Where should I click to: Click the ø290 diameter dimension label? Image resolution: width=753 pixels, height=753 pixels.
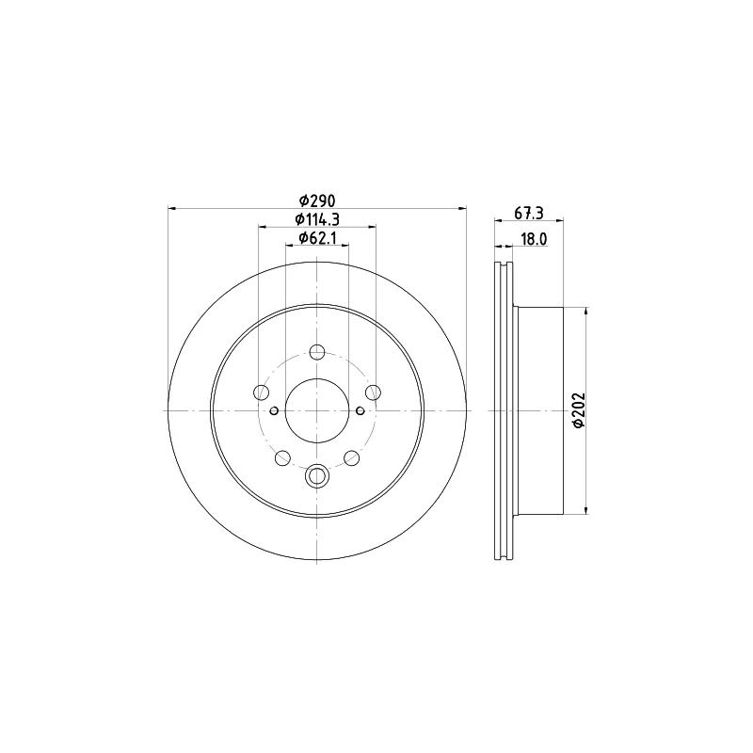[x=317, y=200]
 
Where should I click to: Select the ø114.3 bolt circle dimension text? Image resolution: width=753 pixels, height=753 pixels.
[x=317, y=219]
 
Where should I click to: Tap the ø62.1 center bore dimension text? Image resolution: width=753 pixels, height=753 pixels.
[x=317, y=238]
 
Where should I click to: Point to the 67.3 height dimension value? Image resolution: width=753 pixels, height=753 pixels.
[x=529, y=213]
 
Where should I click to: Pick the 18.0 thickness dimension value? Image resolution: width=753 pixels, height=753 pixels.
[x=534, y=239]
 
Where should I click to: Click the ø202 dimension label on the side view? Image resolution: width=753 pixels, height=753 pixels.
[x=579, y=409]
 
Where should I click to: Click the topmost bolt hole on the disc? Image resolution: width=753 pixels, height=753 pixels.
[x=317, y=352]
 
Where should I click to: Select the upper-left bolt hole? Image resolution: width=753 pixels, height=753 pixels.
[x=262, y=393]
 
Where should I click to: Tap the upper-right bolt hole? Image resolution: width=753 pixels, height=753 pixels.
[x=373, y=393]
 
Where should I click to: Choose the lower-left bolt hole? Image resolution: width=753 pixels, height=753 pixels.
[x=282, y=458]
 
